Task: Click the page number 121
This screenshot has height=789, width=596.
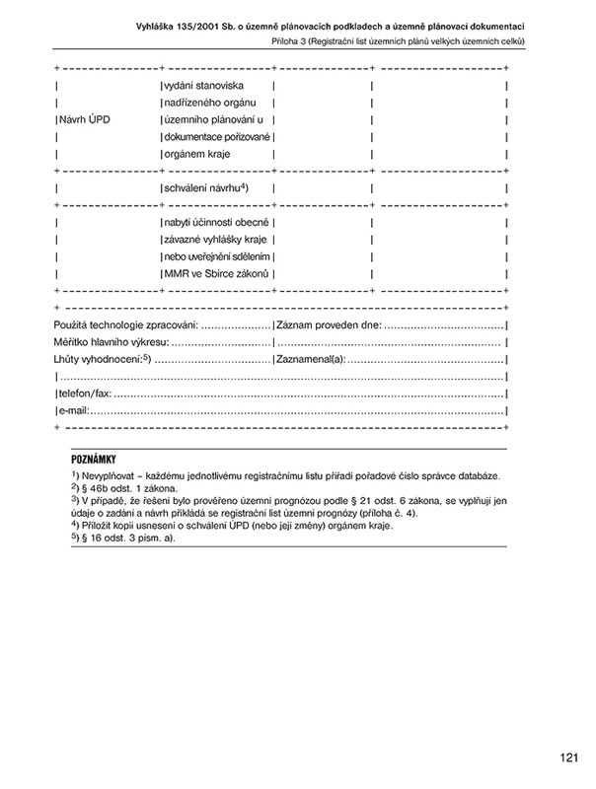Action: tap(566, 757)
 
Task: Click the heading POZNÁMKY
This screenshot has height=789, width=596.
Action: tap(95, 460)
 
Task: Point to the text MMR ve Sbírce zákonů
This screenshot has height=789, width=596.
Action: tap(216, 273)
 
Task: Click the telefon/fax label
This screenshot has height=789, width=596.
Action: tap(84, 393)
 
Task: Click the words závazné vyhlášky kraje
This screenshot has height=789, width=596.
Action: tap(216, 240)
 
